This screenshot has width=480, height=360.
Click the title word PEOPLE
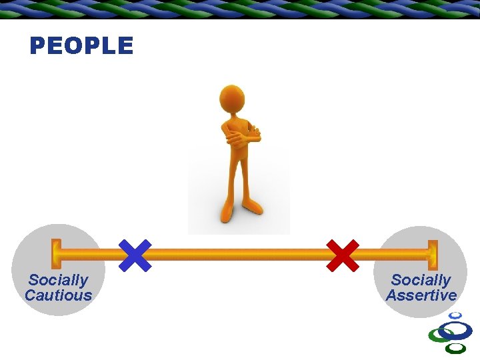pos(81,46)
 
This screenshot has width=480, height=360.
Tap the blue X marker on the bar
pos(135,255)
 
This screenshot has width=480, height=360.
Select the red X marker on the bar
pos(342,255)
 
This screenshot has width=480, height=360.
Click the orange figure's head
pos(232,98)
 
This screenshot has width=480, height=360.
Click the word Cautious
pos(58,295)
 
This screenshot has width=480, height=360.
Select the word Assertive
pos(421,295)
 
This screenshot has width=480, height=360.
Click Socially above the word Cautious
pos(58,280)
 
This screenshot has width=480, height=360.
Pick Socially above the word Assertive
pos(421,280)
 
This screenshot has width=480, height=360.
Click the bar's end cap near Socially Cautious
pos(56,254)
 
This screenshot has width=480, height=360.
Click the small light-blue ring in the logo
pos(455,315)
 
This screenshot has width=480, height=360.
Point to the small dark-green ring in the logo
pos(456,348)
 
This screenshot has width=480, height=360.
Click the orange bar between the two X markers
pos(240,254)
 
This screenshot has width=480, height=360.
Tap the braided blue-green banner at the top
pos(240,9)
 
